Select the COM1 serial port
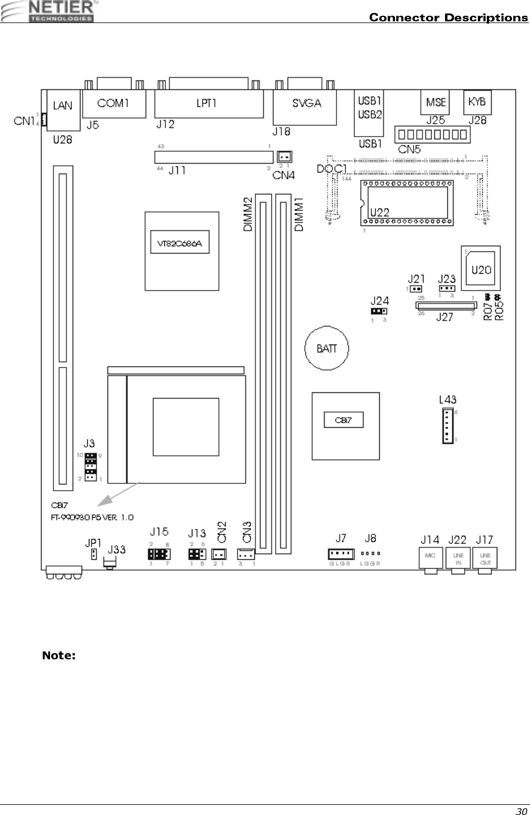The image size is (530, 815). (114, 103)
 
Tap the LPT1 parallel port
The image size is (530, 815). (208, 103)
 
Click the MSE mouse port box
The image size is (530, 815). (435, 102)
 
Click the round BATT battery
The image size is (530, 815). (327, 348)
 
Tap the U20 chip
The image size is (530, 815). (481, 269)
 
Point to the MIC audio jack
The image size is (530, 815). (430, 557)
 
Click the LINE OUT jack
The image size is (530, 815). (485, 558)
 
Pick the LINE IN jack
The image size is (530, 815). (457, 558)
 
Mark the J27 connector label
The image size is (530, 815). (444, 318)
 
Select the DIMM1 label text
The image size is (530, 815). (299, 214)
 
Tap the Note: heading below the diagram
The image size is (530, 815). (59, 655)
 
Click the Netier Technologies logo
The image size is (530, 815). (53, 11)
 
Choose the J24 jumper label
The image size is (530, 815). (380, 300)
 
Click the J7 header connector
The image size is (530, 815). (341, 554)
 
